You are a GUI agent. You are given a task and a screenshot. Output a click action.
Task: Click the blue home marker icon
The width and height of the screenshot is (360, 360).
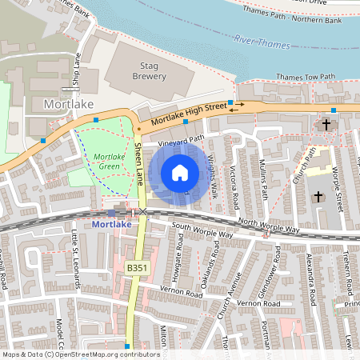tap(180, 172)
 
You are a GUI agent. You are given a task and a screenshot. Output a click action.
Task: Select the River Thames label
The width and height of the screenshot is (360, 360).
tap(265, 40)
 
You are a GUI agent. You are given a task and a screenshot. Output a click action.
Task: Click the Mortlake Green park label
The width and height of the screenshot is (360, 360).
tap(108, 162)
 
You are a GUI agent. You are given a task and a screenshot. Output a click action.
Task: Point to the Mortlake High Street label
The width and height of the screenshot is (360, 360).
tap(185, 117)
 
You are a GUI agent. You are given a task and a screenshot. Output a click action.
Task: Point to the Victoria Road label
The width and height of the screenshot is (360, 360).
tap(234, 184)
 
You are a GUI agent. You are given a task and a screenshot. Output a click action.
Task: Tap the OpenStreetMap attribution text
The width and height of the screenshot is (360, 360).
tap(80, 354)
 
